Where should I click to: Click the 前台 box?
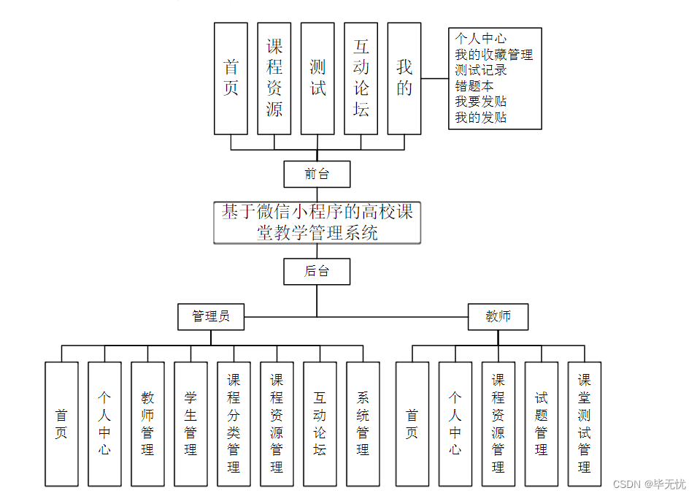317,175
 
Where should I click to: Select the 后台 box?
317,271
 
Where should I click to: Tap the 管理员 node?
211,316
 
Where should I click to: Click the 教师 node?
498,316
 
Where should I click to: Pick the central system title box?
317,223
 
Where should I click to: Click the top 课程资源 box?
274,78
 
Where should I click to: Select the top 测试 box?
317,78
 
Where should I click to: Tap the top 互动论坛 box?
361,78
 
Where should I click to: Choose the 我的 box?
404,78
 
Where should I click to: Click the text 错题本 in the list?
474,85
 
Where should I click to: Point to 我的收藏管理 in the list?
493,54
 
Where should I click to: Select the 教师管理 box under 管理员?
147,424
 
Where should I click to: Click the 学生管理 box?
190,424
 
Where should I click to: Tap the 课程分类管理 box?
234,424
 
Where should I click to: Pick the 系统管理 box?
363,424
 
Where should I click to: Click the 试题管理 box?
542,424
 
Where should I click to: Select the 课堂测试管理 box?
585,424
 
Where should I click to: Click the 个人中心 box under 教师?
455,424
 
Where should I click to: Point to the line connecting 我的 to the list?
434,78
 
